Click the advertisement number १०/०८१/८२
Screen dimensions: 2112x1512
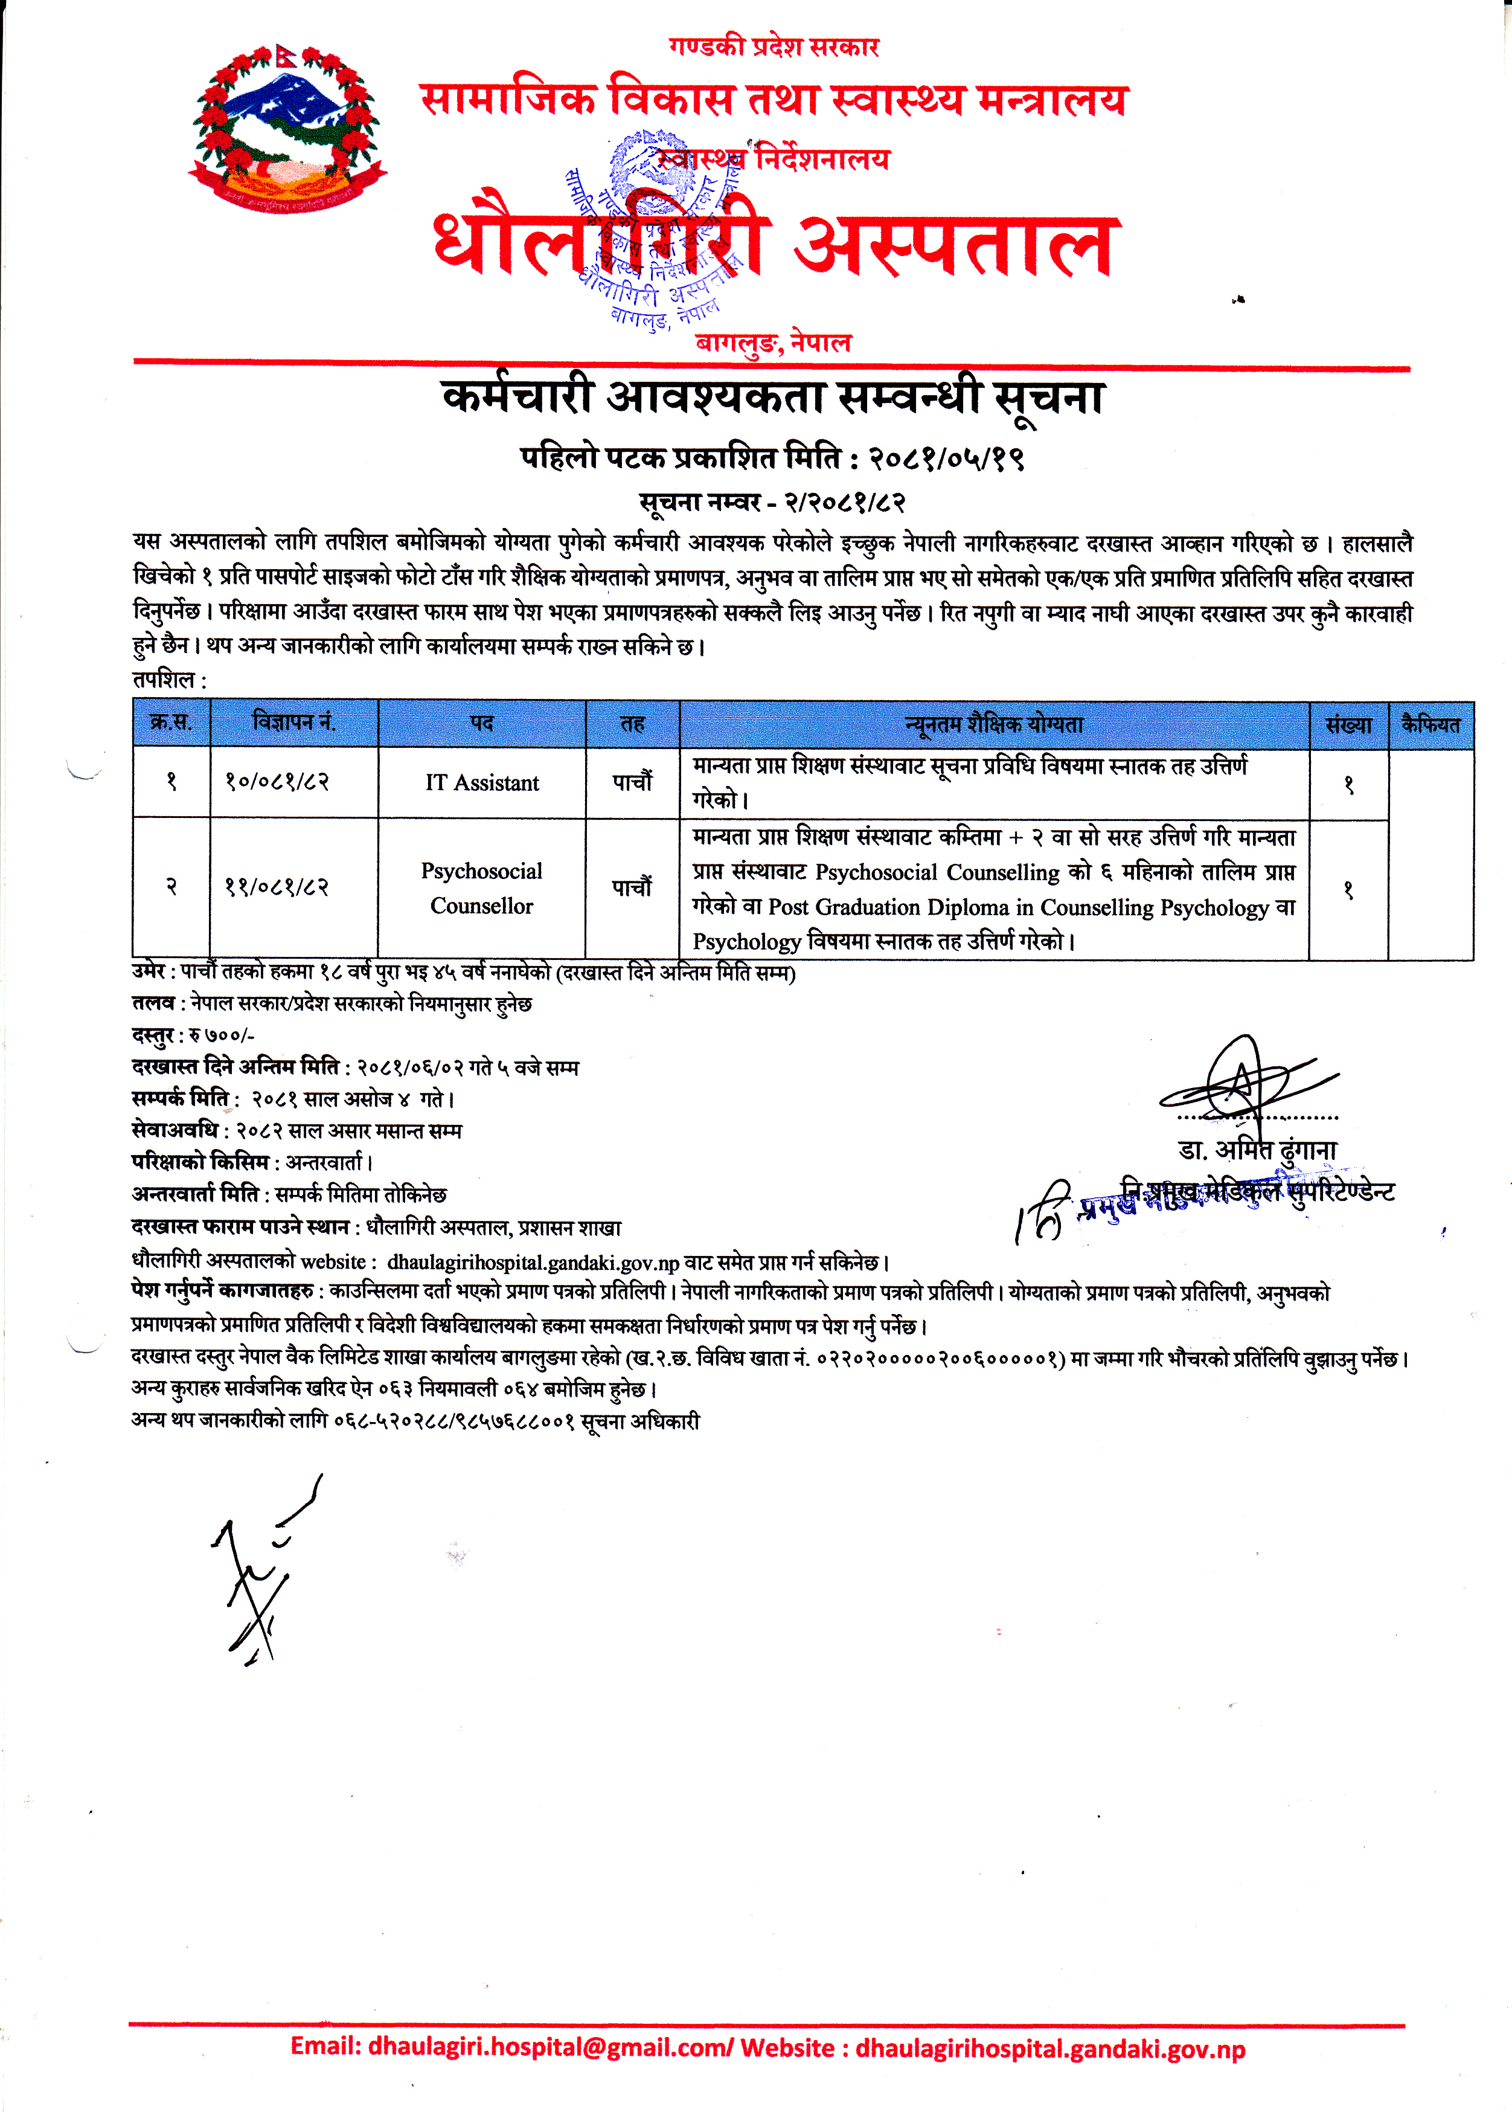click(277, 782)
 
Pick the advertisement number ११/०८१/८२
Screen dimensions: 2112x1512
click(277, 887)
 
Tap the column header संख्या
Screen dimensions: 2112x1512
click(1348, 724)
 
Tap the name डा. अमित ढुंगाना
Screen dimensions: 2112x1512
click(1257, 1150)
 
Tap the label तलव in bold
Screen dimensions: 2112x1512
click(153, 1004)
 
